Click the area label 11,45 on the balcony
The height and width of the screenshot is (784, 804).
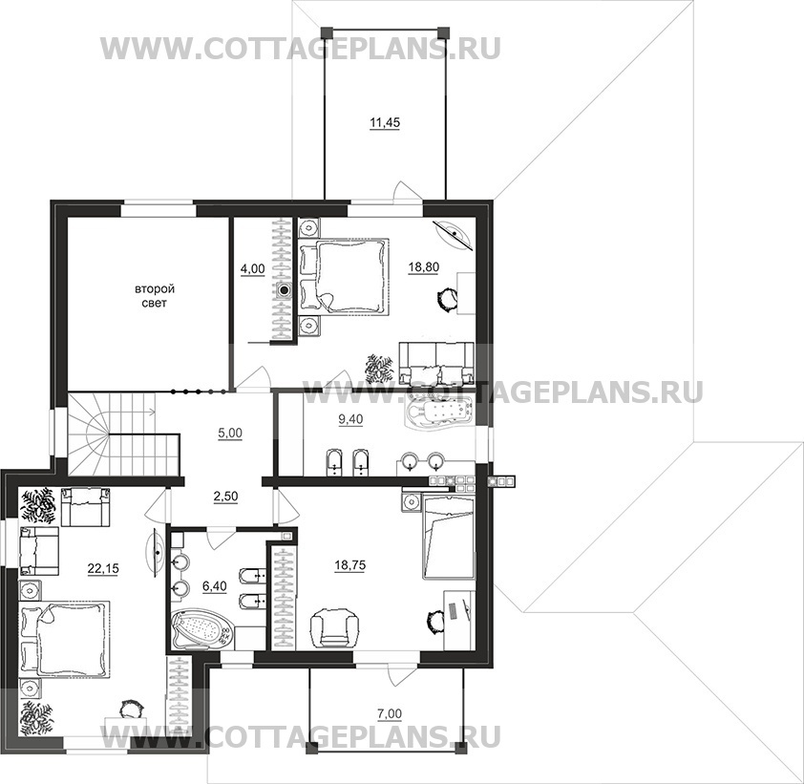385,123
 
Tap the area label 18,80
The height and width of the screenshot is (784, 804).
424,266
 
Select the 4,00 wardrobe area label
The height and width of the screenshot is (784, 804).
252,268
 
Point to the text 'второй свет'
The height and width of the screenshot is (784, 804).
155,296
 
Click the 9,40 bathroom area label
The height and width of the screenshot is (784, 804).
350,419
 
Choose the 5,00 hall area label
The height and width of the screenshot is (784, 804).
230,434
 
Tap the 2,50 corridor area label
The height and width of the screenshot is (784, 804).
225,497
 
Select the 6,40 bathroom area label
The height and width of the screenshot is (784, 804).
214,586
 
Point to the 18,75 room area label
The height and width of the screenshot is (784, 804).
350,565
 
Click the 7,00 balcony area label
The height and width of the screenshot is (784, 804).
390,713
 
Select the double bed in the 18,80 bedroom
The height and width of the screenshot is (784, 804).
344,275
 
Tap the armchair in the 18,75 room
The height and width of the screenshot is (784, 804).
335,625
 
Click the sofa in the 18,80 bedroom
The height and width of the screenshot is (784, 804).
436,363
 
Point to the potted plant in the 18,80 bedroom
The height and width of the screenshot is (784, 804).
380,368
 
